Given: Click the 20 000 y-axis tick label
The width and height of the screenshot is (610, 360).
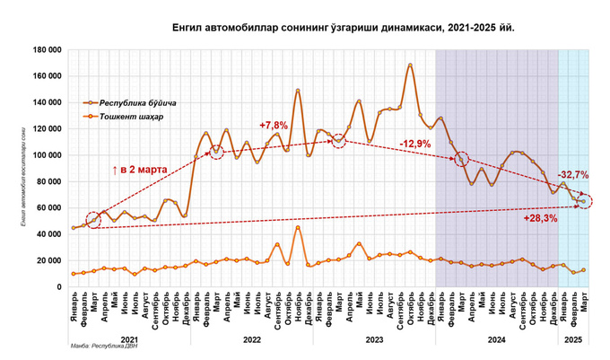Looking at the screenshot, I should (x=45, y=260).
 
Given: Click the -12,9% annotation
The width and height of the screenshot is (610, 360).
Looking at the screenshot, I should (x=414, y=144).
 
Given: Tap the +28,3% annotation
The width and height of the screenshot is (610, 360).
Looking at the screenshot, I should (x=539, y=217).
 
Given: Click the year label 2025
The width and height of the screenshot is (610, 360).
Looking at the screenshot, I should (x=573, y=339).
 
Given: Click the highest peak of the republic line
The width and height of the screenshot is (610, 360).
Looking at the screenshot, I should (x=410, y=66).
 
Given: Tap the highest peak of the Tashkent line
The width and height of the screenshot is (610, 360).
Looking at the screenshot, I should (x=298, y=227).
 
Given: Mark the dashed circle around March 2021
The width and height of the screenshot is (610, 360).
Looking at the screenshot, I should (x=93, y=220).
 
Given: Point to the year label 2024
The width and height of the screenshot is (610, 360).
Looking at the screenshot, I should (x=496, y=339).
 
